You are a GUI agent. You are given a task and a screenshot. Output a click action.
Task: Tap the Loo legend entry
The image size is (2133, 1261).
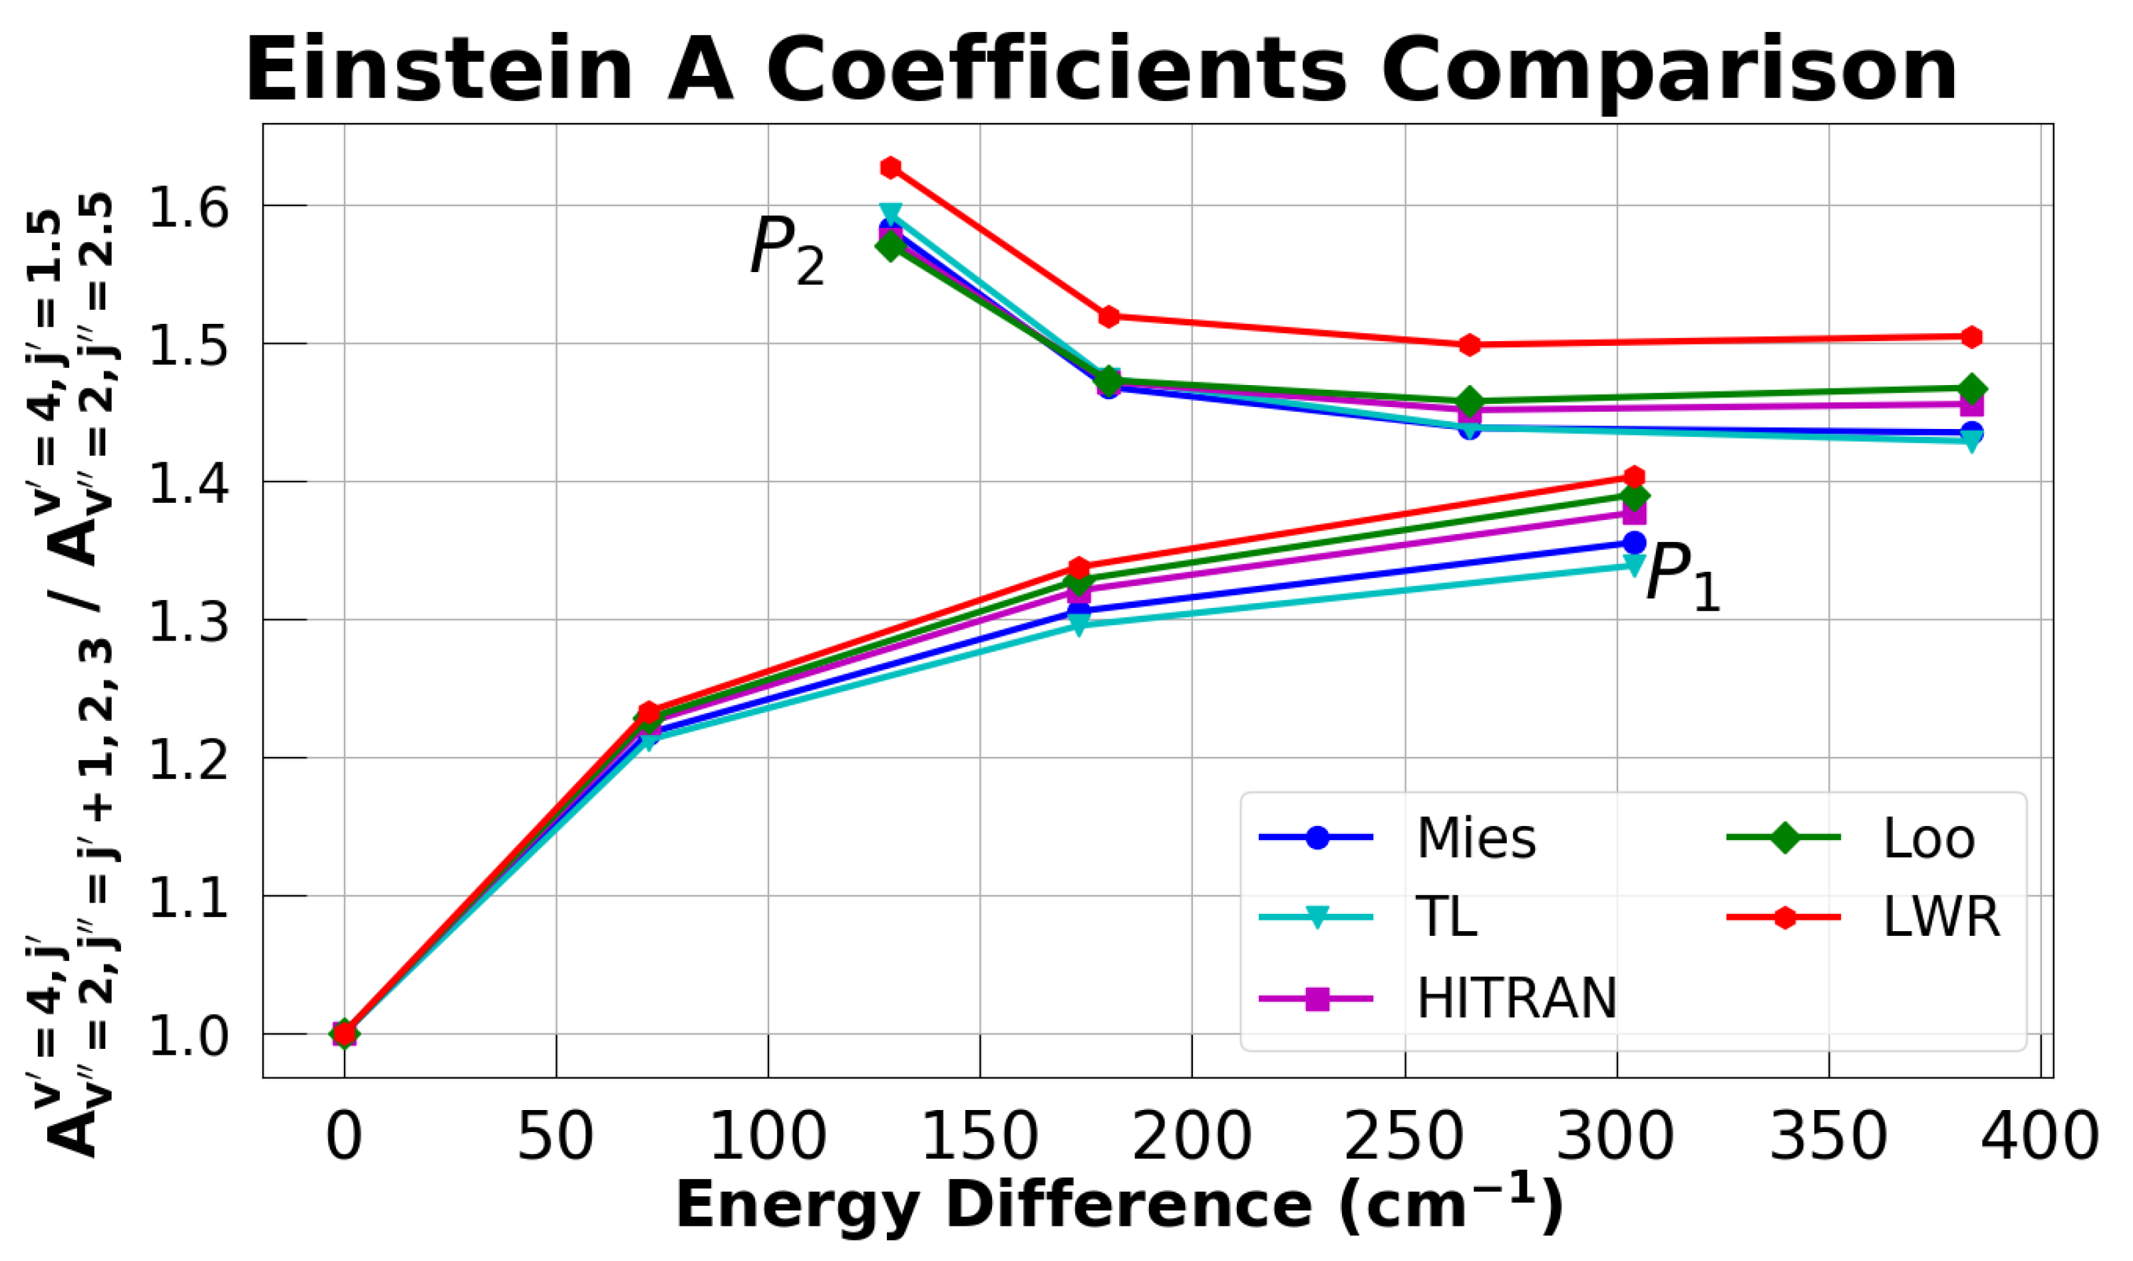(1928, 839)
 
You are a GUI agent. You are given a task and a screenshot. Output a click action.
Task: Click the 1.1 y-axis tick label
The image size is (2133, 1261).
(189, 897)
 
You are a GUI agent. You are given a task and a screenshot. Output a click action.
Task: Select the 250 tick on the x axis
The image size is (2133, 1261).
(1404, 1137)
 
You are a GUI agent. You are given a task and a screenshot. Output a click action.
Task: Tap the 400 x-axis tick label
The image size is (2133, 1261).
(2039, 1137)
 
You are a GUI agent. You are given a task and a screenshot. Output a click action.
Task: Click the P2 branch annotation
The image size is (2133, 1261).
(786, 251)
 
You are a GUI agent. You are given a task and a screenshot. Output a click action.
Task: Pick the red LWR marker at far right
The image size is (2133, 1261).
(1971, 337)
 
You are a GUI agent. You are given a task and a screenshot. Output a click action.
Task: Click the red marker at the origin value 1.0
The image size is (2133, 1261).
(344, 1034)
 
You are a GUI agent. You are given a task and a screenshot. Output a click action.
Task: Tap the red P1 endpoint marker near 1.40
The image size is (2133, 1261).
(1633, 477)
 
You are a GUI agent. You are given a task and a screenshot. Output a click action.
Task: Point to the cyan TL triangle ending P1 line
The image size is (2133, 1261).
(1633, 564)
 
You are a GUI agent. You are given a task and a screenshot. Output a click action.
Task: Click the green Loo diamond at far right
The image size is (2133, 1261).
(1971, 388)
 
